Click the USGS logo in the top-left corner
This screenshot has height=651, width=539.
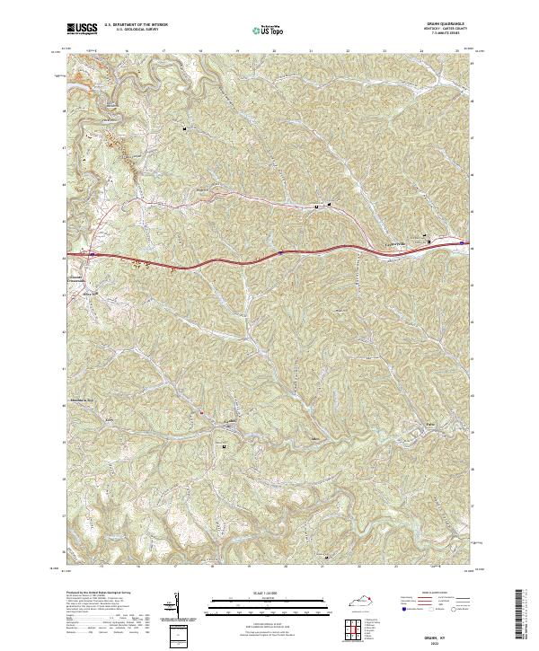click(x=82, y=29)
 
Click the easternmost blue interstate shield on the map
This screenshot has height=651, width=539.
click(x=461, y=242)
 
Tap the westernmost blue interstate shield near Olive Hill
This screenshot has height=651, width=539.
click(x=90, y=254)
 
